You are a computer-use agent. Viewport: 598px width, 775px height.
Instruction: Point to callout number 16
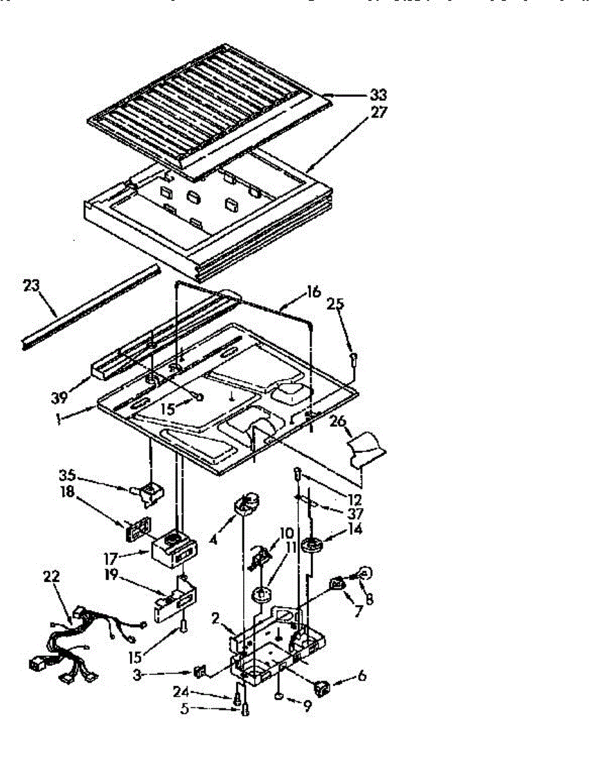pyautogui.click(x=313, y=292)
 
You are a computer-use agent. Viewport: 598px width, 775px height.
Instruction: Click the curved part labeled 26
pyautogui.click(x=366, y=447)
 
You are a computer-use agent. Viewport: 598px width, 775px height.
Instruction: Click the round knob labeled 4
pyautogui.click(x=247, y=503)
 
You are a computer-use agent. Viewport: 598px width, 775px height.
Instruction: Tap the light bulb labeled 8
pyautogui.click(x=365, y=572)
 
